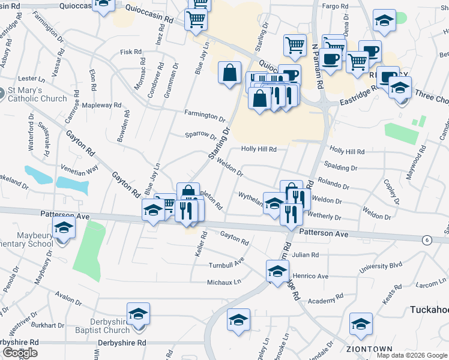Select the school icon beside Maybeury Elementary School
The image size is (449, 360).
point(64,228)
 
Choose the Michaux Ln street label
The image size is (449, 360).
point(224,282)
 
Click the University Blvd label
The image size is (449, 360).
point(381,265)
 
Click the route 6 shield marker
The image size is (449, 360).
point(427,240)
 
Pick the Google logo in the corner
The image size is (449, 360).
point(20,353)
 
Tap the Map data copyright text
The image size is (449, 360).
point(412,355)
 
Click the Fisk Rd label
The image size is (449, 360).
point(130,52)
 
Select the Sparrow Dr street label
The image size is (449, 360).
point(200,136)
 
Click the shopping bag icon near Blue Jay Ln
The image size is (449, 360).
point(229,73)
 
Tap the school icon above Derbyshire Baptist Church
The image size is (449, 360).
point(138,314)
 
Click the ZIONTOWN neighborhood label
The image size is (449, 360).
point(369,349)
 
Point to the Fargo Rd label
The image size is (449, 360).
point(335,6)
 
